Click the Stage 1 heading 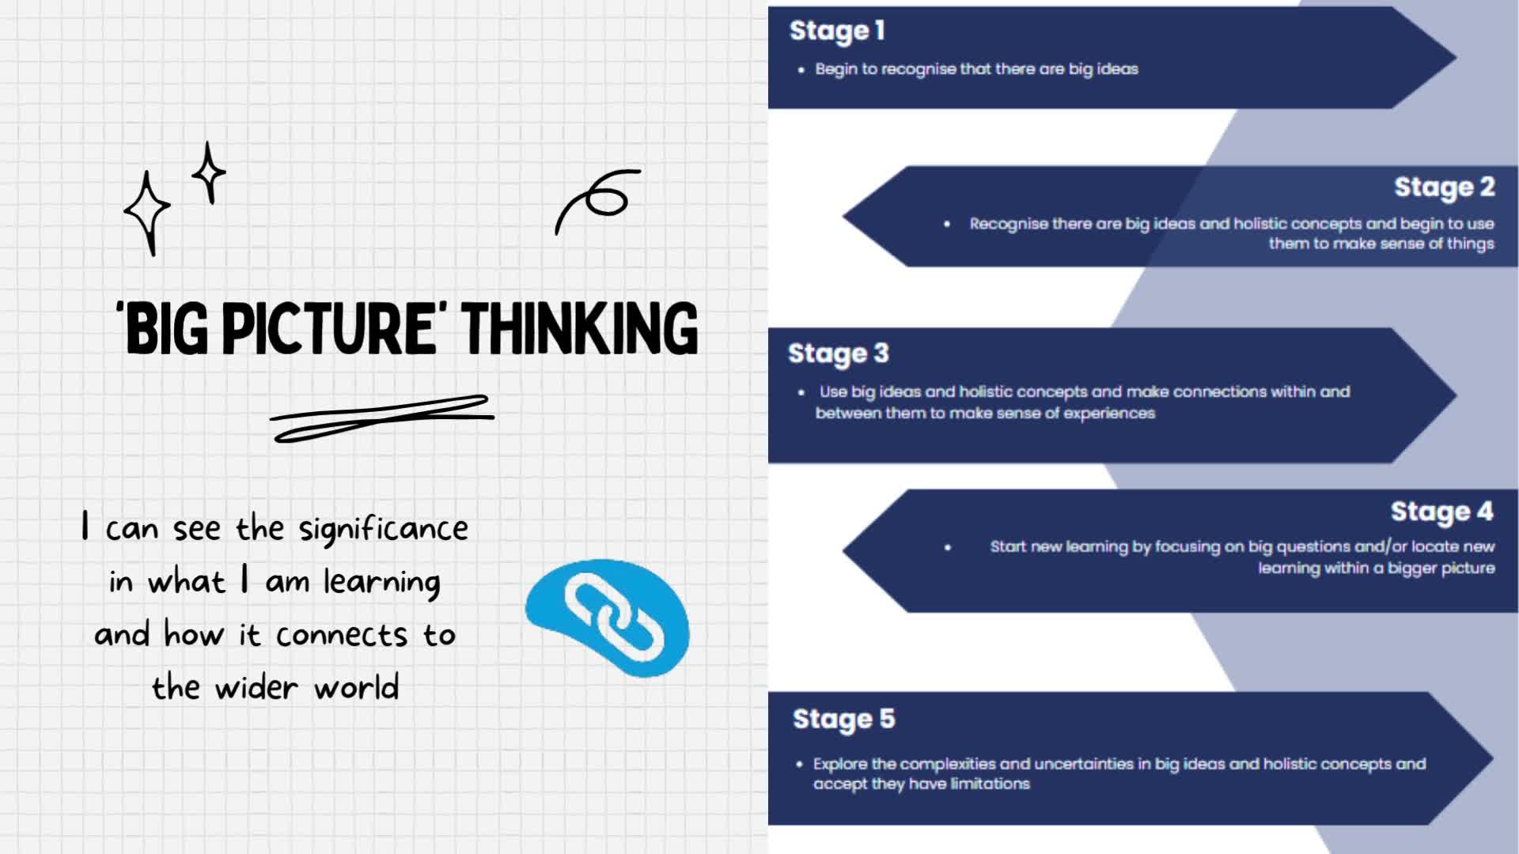point(837,32)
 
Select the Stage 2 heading point(1444,187)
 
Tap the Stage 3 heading point(838,353)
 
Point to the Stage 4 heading point(1441,512)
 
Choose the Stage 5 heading point(843,720)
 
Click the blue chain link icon point(608,618)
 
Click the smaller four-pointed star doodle point(209,172)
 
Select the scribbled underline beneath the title point(381,418)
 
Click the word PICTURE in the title point(328,328)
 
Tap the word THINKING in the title point(580,328)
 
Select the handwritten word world point(356,688)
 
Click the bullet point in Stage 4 point(948,547)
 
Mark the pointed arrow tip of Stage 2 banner point(843,217)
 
